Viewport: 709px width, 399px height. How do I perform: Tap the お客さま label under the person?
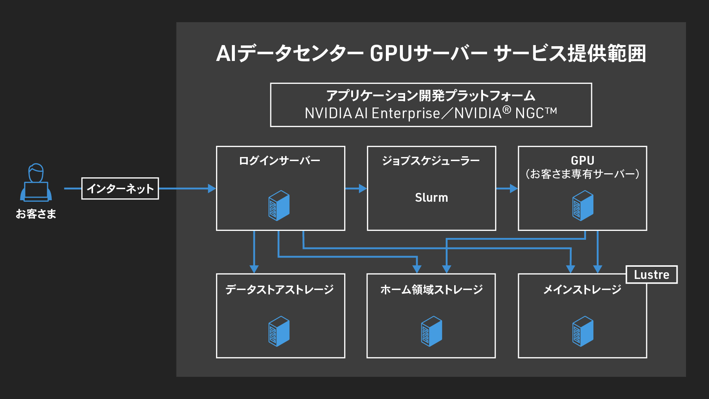tap(36, 214)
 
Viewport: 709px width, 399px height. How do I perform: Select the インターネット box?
tap(120, 188)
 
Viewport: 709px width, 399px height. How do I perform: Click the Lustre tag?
tap(651, 274)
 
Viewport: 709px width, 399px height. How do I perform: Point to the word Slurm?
tap(431, 198)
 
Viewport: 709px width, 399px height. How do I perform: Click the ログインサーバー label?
tap(280, 161)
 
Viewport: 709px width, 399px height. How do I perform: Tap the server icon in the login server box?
tap(279, 206)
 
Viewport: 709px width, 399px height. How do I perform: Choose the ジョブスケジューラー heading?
tap(431, 161)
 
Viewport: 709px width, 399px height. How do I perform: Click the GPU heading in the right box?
tap(582, 160)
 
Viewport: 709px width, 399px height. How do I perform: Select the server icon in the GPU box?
tap(583, 206)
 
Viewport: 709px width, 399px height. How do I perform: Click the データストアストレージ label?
tap(280, 289)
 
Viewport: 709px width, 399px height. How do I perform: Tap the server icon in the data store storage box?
tap(279, 331)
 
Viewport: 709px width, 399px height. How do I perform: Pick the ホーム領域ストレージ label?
tap(431, 289)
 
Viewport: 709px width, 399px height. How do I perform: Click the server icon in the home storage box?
tap(431, 331)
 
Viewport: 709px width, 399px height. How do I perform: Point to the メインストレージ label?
tap(582, 289)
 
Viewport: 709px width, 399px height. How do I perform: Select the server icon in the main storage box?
tap(583, 331)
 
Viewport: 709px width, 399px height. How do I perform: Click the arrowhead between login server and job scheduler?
tap(363, 188)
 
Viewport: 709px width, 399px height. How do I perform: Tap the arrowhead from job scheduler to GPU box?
tap(514, 188)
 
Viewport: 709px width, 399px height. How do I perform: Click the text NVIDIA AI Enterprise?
tap(372, 113)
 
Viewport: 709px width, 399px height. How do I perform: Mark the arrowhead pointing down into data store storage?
tap(254, 269)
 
